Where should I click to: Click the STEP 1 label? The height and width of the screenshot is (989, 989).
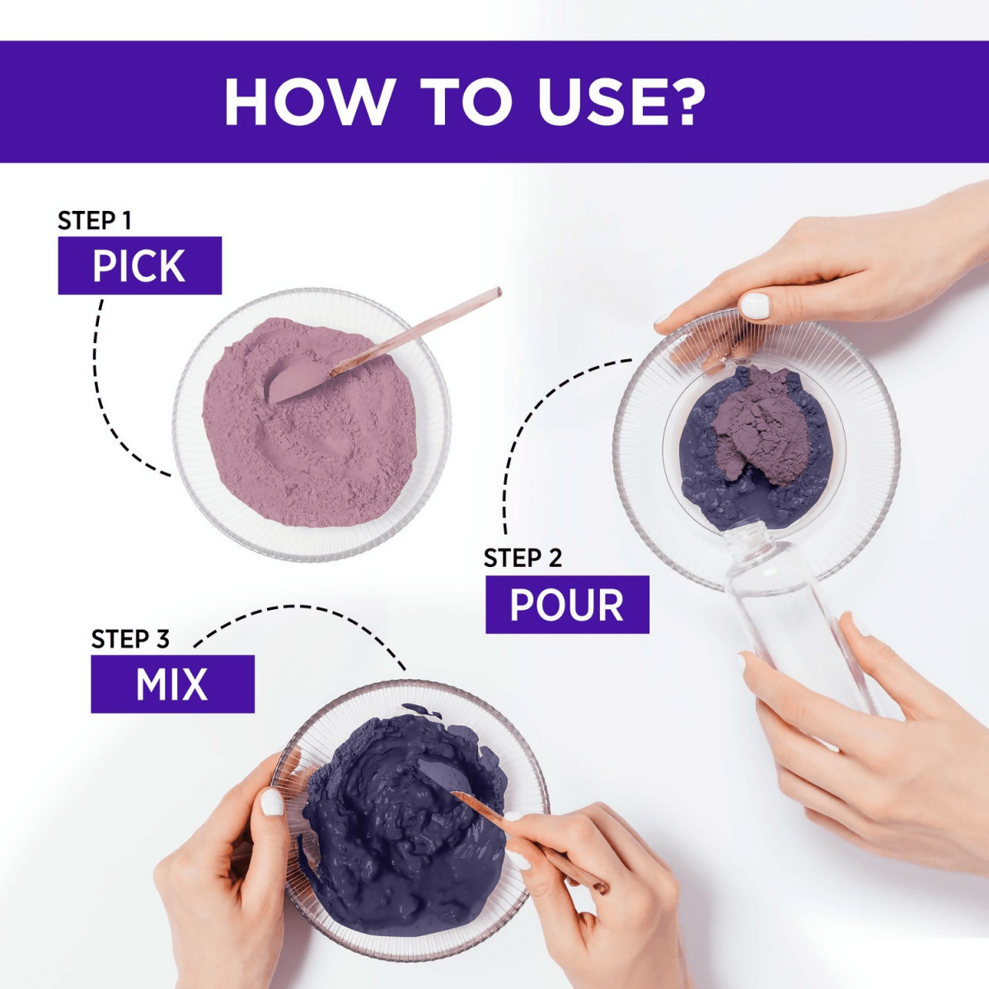click(x=95, y=221)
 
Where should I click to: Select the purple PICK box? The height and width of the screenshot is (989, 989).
click(x=139, y=265)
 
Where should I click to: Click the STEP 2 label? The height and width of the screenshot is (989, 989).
click(x=523, y=559)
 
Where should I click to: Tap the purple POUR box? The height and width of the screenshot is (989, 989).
click(x=567, y=605)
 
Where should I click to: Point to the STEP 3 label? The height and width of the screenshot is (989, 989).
click(x=130, y=640)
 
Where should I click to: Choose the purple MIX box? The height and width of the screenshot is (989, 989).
click(x=172, y=684)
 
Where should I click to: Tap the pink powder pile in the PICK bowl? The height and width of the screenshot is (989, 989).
click(x=310, y=424)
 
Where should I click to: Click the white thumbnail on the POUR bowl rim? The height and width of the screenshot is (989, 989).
click(x=756, y=307)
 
